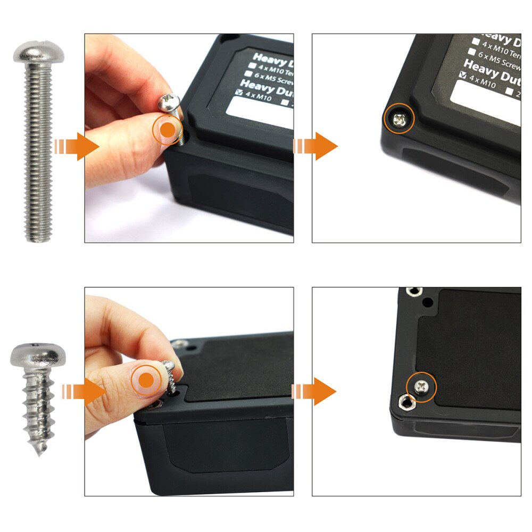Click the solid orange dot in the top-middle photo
(168, 130)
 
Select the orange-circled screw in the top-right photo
(400, 121)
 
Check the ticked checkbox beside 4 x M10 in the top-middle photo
(239, 92)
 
